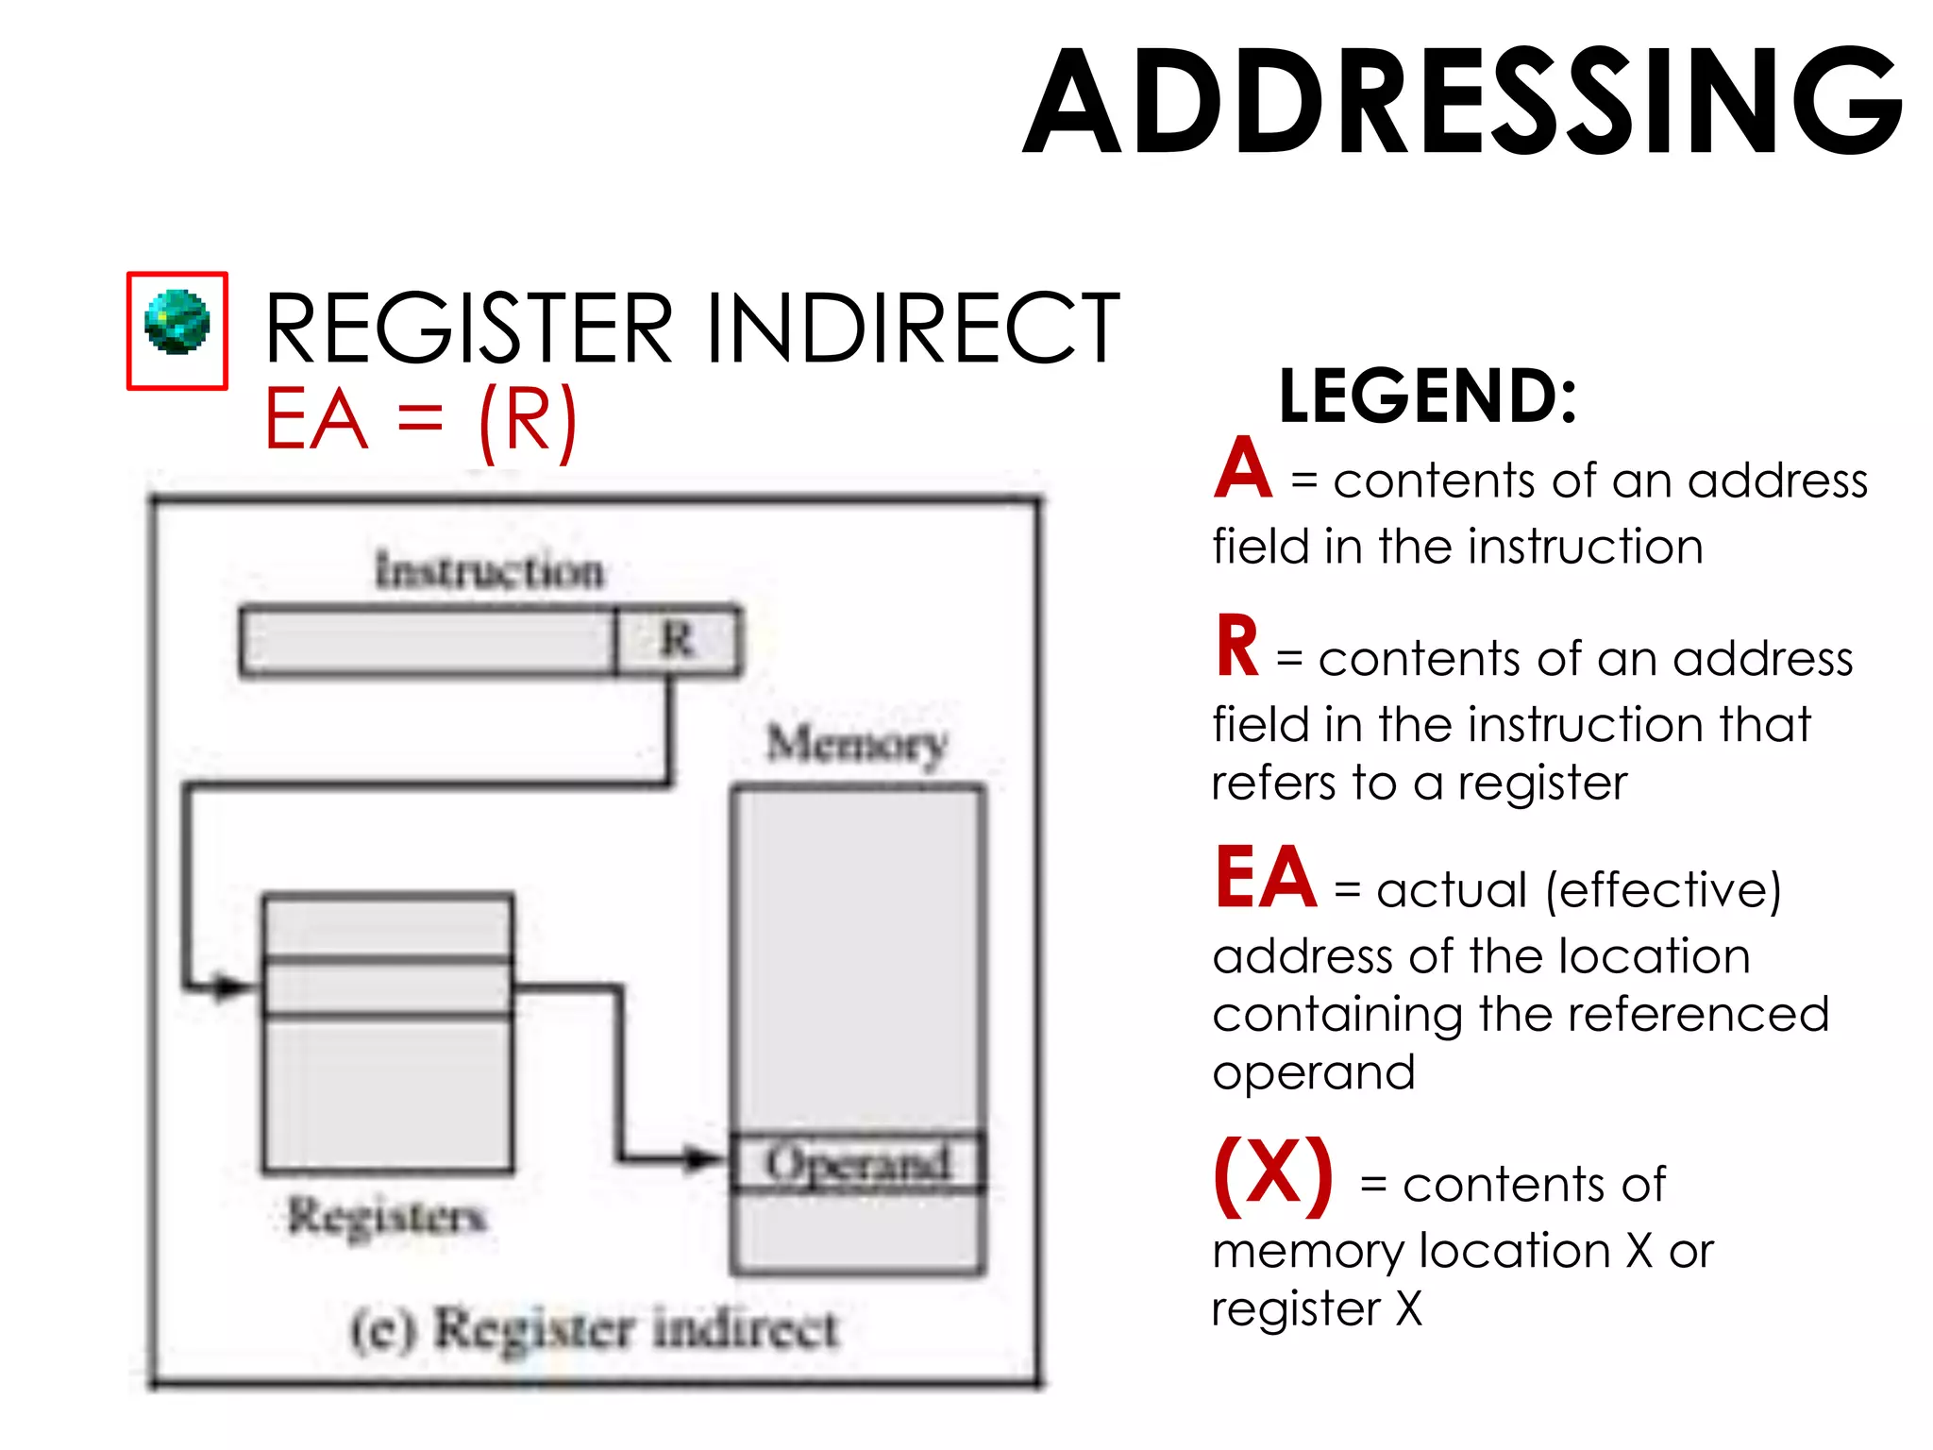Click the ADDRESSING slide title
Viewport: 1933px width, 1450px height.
1463,102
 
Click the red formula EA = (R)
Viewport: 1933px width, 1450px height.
420,420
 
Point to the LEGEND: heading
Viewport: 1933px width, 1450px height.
1427,396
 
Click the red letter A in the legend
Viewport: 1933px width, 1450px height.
1243,469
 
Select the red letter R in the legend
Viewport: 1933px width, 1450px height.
1236,648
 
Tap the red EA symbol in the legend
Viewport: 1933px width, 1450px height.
1265,878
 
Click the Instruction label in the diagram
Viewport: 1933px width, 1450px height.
489,571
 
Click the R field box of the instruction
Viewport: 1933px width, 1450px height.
678,641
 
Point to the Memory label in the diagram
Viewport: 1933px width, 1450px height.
856,745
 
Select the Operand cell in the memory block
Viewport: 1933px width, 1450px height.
858,1163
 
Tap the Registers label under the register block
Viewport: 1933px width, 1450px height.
387,1216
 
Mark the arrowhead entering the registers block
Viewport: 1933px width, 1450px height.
230,987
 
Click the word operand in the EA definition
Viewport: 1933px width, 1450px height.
1313,1073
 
